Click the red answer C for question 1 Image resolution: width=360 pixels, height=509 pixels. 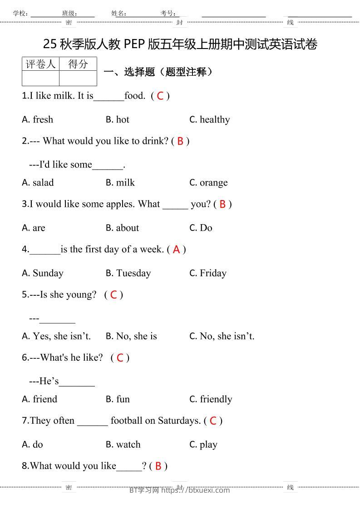coord(160,96)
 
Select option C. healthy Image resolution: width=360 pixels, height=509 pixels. coord(210,120)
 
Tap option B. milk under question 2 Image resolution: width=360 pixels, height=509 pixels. coord(120,183)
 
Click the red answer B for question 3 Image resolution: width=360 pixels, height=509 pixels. coord(222,204)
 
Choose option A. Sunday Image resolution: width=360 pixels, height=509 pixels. coord(43,273)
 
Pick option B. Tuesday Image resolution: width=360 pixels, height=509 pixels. coord(128,273)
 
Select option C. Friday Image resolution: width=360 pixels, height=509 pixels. coord(207,273)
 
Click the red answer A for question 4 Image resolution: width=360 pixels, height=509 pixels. coord(177,250)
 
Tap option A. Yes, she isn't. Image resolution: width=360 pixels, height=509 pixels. coord(56,336)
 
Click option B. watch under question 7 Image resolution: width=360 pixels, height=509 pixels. coord(123,445)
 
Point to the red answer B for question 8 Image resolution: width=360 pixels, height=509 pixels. coord(158,466)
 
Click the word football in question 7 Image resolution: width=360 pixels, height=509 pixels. coord(126,421)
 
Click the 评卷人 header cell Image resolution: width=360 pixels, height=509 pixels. coord(40,64)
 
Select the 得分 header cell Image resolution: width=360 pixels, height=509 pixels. coord(78,64)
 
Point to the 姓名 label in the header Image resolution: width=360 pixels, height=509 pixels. coord(119,14)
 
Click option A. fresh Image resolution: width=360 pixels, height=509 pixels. coord(38,120)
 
